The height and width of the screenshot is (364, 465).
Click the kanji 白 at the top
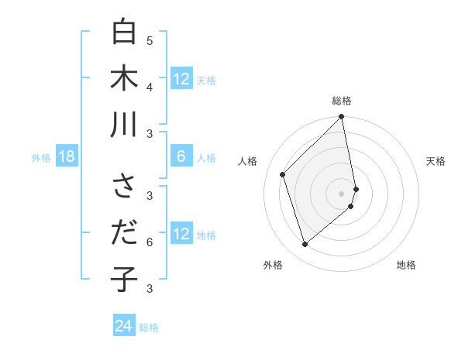point(124,33)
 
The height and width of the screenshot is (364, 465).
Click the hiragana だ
point(124,233)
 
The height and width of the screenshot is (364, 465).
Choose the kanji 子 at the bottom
point(124,279)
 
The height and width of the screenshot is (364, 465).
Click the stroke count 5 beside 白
point(150,40)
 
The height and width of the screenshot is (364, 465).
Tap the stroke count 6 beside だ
point(150,242)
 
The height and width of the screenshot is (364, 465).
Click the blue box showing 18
point(66,157)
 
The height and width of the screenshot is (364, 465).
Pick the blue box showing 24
point(123,326)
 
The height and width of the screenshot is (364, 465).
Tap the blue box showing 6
point(181,157)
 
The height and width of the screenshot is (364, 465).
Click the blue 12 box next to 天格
point(181,79)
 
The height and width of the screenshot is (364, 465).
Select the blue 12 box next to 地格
point(181,235)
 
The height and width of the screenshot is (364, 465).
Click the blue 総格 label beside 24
point(149,328)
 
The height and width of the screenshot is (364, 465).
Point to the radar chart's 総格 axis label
point(342,101)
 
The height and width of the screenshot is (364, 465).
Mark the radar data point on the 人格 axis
point(283,174)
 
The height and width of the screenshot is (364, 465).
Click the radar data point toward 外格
point(305,245)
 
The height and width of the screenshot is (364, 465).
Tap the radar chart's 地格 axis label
point(406,265)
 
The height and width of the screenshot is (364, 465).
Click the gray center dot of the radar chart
point(342,194)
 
